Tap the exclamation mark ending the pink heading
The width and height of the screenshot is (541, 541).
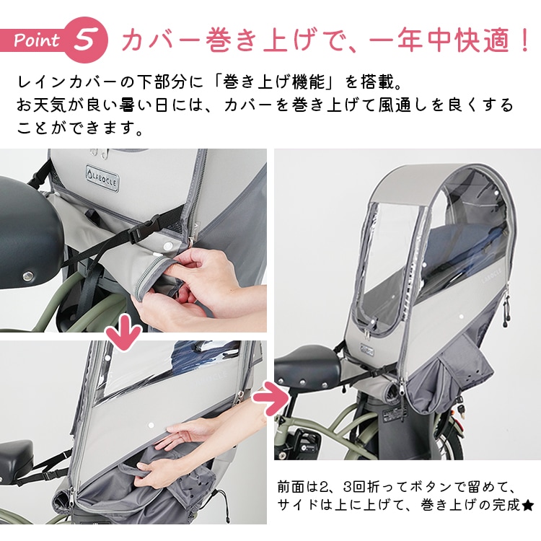(524, 40)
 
